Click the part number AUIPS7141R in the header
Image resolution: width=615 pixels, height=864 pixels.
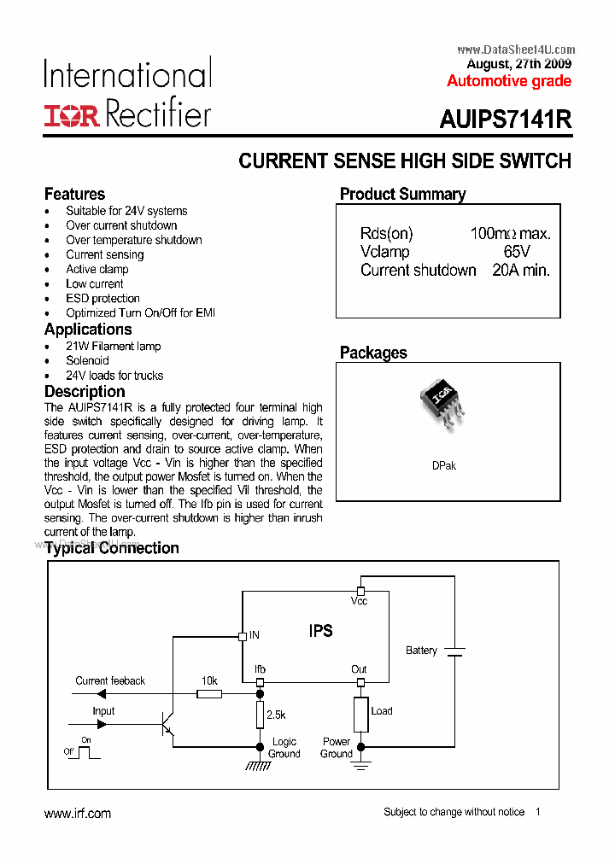[505, 120]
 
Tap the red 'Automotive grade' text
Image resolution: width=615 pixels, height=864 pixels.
[509, 81]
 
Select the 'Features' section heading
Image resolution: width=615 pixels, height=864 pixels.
[74, 194]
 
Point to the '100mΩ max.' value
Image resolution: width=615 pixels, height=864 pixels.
[510, 234]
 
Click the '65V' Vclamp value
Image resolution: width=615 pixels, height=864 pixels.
[517, 252]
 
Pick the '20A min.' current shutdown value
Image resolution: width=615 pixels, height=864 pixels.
[521, 270]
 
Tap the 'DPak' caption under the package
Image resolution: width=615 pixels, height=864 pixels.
[444, 466]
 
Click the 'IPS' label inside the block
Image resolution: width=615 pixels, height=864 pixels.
[320, 632]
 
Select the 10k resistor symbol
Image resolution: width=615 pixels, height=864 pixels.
[209, 694]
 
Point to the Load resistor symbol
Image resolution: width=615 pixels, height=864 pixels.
[360, 714]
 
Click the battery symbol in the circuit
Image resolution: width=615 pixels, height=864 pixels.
[454, 651]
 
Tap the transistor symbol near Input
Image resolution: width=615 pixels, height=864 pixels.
[167, 725]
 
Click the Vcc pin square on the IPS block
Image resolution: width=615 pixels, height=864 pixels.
[360, 591]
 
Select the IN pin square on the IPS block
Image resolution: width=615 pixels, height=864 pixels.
[242, 635]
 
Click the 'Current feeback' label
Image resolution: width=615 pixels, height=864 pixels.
[110, 680]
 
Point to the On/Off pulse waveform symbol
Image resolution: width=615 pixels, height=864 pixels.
[87, 751]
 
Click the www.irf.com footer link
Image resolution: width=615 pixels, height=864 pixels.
[78, 814]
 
